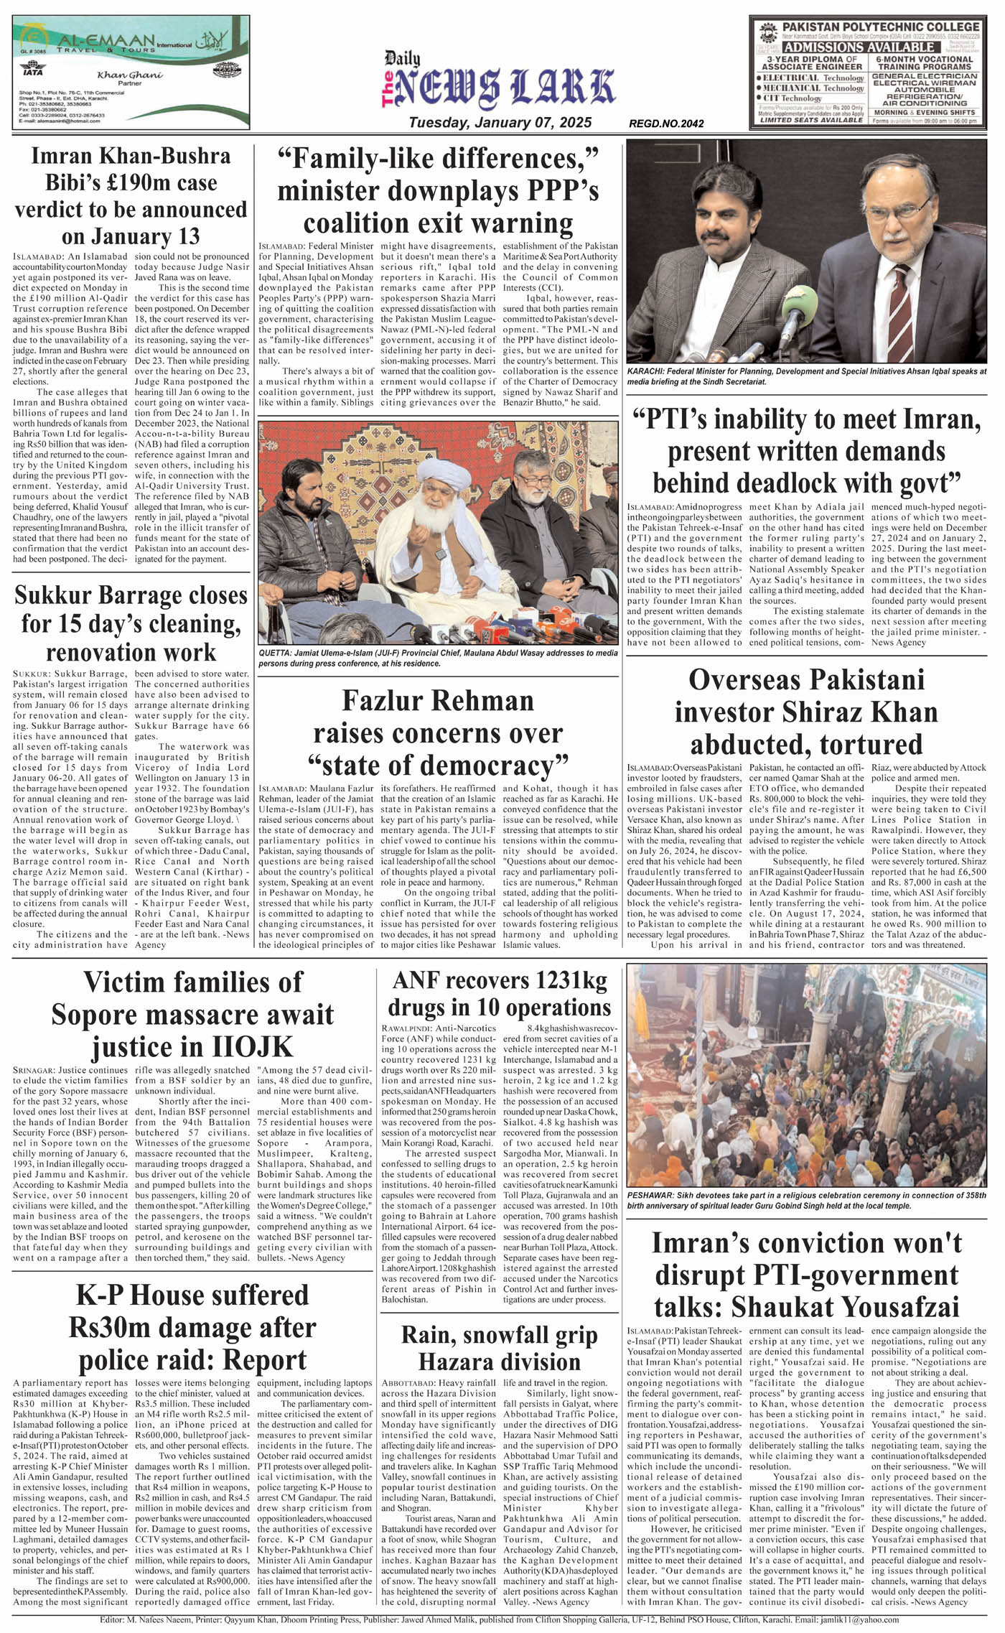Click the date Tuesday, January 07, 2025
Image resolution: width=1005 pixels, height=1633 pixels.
click(x=500, y=123)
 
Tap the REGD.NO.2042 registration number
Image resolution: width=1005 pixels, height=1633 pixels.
click(x=665, y=124)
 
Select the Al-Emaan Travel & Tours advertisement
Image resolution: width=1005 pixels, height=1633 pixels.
click(x=131, y=72)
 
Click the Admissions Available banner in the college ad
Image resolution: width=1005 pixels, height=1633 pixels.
click(x=867, y=47)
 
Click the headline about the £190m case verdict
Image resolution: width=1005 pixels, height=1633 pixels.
click(x=131, y=196)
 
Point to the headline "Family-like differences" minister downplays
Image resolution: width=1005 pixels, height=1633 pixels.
click(x=438, y=190)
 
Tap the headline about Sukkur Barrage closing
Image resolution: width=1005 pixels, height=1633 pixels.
click(x=131, y=623)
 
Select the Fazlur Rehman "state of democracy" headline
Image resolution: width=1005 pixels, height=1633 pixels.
click(x=438, y=732)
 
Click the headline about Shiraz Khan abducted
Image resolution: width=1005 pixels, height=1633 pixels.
click(x=806, y=712)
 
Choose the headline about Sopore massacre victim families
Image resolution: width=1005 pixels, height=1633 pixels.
click(x=192, y=1015)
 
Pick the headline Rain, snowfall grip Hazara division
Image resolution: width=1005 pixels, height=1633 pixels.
click(x=500, y=1347)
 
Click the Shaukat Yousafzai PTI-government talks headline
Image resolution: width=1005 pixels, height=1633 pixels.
click(x=806, y=1275)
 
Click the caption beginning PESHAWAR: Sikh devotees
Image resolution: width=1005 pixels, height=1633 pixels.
click(x=806, y=1199)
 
